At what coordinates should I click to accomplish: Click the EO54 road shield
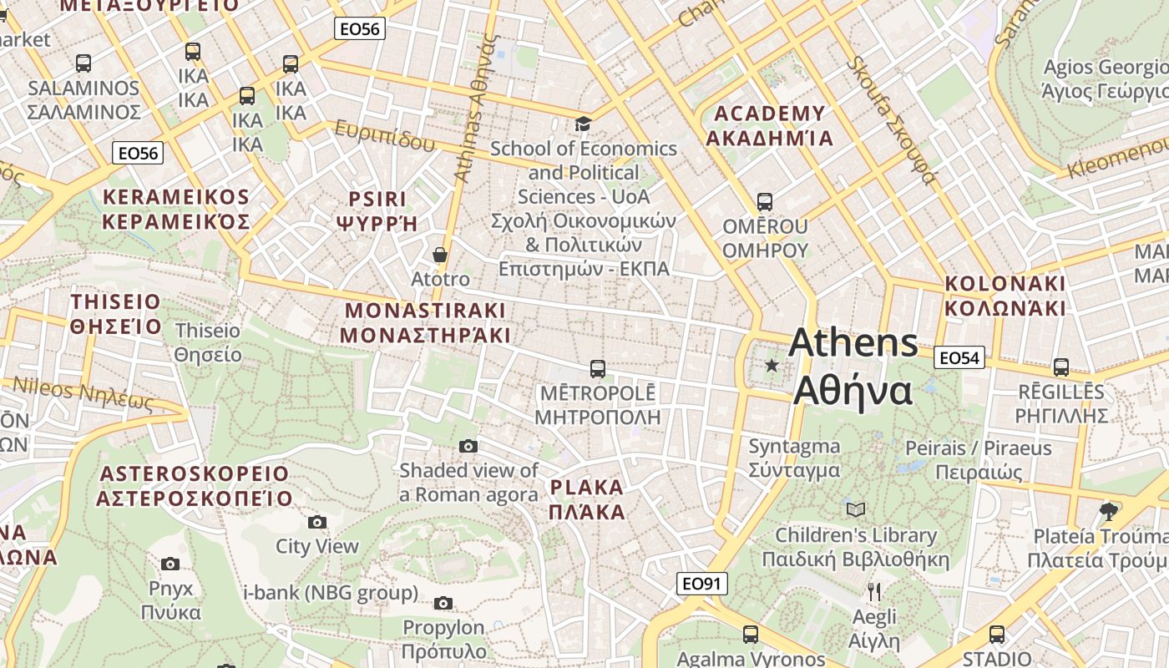point(959,357)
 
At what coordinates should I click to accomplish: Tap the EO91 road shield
point(701,584)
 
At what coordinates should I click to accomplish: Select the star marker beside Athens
point(772,366)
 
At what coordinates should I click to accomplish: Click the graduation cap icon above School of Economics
point(583,124)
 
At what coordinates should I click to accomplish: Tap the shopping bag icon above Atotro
point(440,255)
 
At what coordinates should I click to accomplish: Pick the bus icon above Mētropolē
point(597,368)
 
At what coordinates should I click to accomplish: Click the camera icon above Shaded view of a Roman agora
point(468,446)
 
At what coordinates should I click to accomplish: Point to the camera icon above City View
point(317,523)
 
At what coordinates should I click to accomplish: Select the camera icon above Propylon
point(443,603)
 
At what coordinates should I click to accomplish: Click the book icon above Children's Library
point(855,509)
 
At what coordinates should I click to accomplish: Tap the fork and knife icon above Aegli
point(874,592)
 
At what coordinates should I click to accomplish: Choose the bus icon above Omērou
point(765,201)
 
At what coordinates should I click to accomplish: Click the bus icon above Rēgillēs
point(1061,367)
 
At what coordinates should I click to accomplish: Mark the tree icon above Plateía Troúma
point(1109,511)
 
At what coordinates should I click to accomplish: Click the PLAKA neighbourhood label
point(587,499)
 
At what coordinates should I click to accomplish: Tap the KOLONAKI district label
point(1005,296)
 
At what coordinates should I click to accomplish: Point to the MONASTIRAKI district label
point(426,322)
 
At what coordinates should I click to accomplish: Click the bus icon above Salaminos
point(83,63)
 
